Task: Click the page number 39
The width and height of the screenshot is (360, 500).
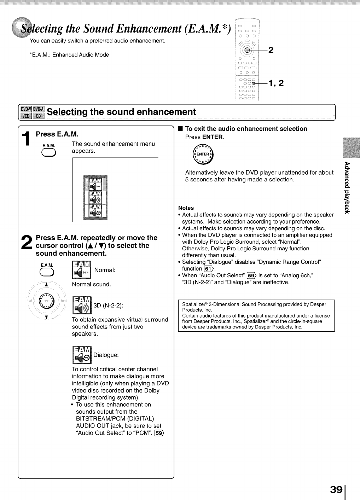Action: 336,489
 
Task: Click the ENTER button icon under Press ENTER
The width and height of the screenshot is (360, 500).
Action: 203,155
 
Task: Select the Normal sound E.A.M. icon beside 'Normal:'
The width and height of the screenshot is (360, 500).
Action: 82,270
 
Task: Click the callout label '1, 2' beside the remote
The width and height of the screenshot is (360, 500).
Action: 276,83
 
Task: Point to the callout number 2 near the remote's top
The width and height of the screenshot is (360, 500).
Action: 271,50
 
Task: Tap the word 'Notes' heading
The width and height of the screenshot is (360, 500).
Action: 186,208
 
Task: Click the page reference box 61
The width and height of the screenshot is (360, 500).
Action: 209,269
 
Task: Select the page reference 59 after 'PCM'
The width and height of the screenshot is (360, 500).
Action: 159,433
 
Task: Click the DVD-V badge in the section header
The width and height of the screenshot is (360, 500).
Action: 26,109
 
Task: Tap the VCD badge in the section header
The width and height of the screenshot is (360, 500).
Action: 26,116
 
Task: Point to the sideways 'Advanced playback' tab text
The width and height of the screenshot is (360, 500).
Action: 347,188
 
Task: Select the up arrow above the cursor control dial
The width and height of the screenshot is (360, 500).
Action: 46,284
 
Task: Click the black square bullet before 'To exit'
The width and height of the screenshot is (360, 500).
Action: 180,129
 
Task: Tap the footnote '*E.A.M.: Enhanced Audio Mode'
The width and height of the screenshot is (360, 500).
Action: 69,55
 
